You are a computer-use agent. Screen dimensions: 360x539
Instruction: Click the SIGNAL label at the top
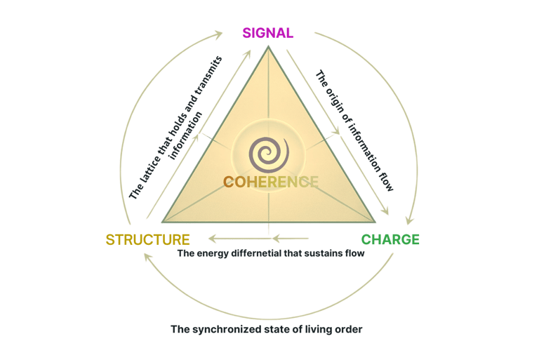(267, 33)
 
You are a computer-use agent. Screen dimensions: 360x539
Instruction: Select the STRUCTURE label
(147, 239)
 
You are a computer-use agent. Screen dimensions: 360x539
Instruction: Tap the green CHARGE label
(390, 239)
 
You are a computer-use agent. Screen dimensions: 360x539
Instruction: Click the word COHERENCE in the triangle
(270, 182)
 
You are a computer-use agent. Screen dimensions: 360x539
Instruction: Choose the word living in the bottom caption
(320, 328)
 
